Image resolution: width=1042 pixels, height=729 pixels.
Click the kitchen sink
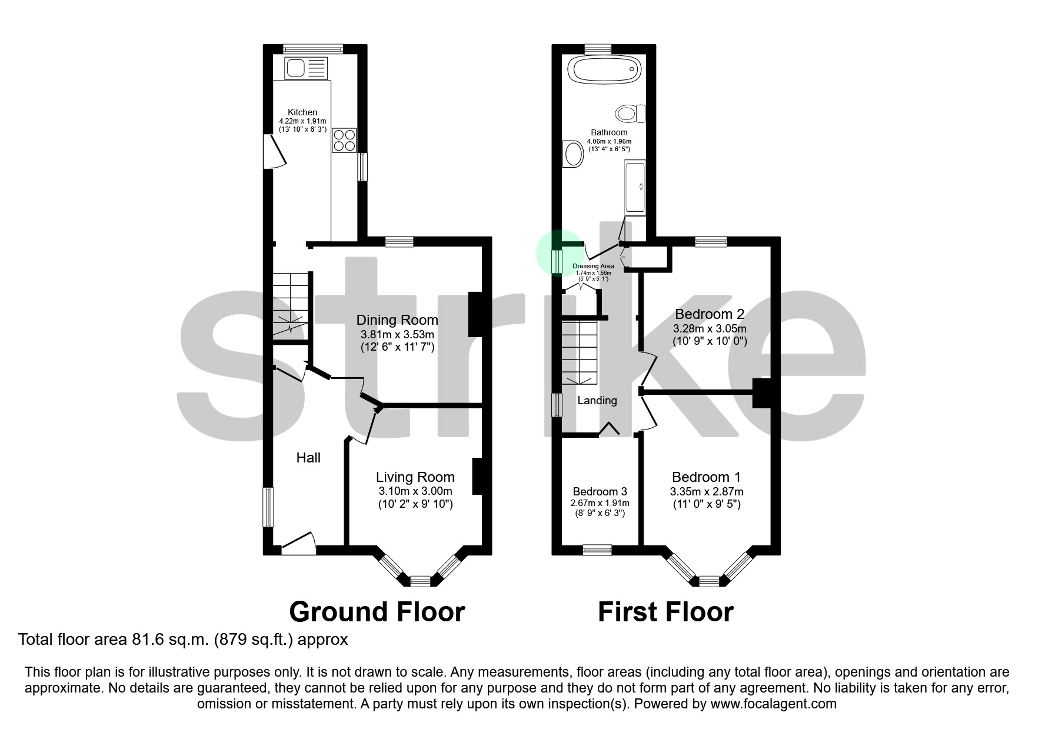[305, 68]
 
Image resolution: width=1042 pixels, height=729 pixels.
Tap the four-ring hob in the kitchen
[344, 140]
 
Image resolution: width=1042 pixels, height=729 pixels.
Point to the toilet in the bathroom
[631, 112]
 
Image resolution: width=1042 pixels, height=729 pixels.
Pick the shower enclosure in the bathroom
[635, 188]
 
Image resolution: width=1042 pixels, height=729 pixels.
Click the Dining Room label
[397, 320]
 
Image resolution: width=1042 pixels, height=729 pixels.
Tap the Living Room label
[415, 477]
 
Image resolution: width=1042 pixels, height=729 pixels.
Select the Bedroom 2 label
[710, 314]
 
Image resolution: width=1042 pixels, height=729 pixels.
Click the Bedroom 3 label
[600, 491]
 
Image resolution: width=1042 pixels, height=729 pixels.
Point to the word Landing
[597, 401]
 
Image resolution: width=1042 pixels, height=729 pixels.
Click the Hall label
[308, 458]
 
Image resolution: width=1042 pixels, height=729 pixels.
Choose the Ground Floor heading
[377, 612]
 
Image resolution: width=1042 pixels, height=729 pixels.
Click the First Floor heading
[665, 612]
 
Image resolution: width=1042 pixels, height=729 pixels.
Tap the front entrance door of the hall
[299, 544]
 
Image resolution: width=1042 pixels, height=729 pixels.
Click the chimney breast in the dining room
[475, 314]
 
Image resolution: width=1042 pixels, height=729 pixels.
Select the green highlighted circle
[556, 253]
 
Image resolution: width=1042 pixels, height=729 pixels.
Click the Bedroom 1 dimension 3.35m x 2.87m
[706, 492]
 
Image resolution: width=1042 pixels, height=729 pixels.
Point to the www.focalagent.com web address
[773, 704]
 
